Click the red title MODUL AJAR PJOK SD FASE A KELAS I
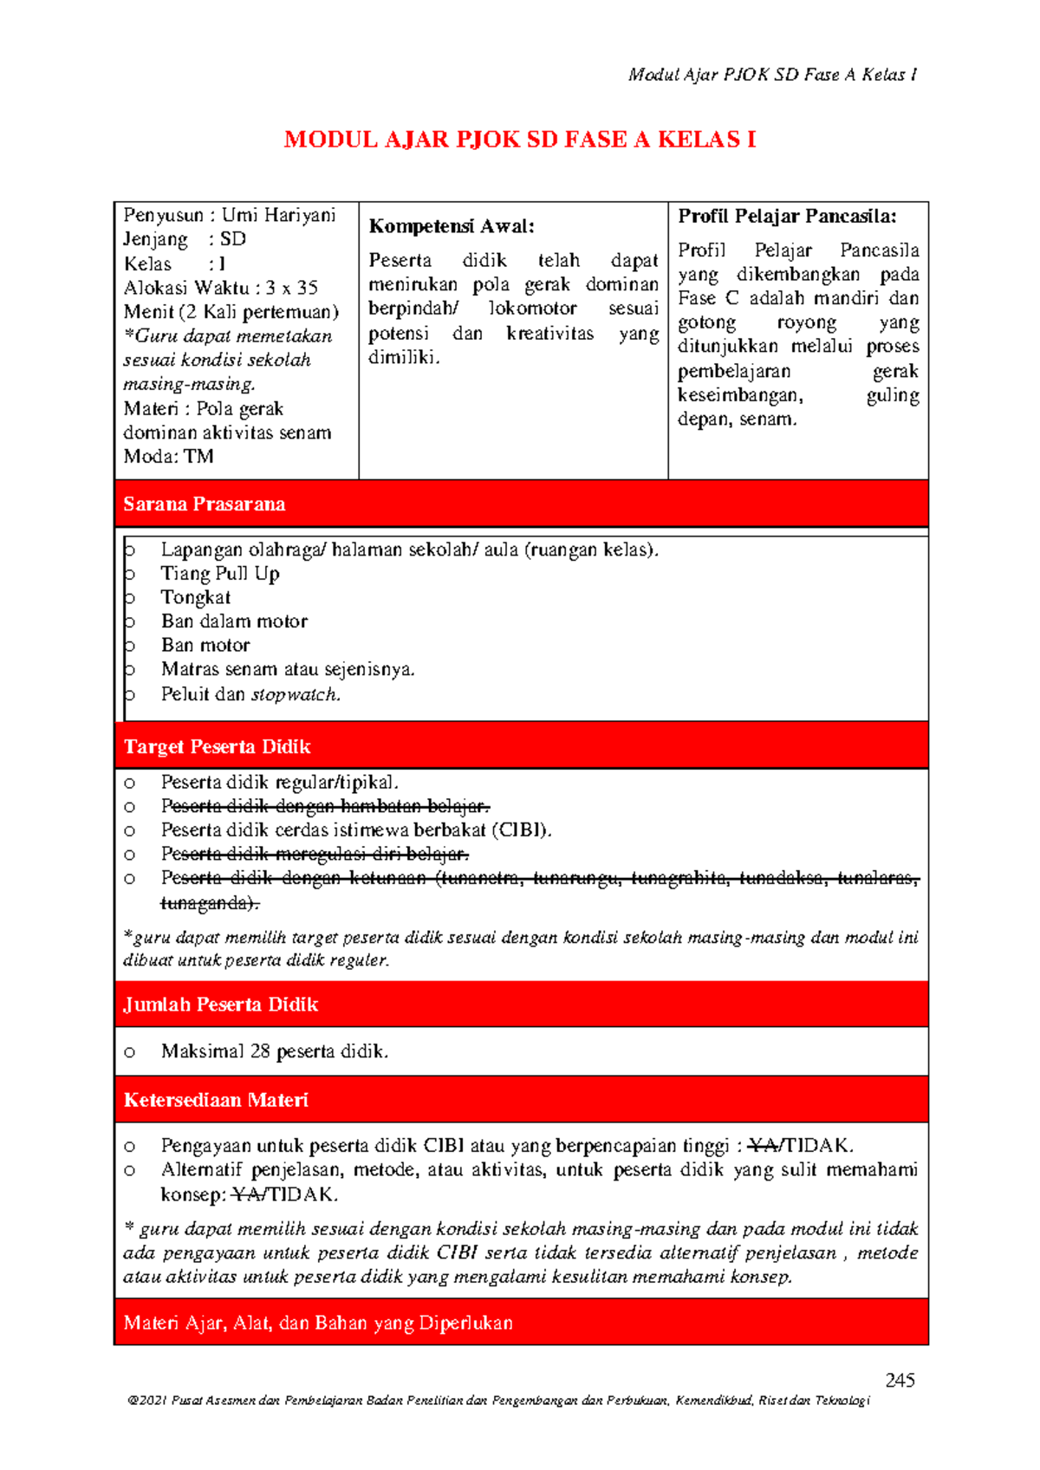[x=520, y=140]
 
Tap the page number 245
[x=900, y=1380]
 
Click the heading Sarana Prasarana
[x=204, y=504]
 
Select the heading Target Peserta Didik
[x=217, y=747]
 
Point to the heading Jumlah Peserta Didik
[x=220, y=1005]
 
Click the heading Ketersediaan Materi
[x=216, y=1100]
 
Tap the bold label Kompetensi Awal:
[x=452, y=227]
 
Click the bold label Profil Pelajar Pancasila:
[x=786, y=217]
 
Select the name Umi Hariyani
[x=278, y=215]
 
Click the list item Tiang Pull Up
[x=219, y=574]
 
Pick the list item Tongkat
[x=195, y=597]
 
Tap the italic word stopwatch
[x=295, y=694]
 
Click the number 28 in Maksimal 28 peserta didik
[x=260, y=1051]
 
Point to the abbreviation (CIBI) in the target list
[x=522, y=830]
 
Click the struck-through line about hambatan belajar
[x=325, y=807]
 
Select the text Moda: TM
[x=168, y=457]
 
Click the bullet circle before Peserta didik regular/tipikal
[x=129, y=783]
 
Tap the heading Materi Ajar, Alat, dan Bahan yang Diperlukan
[x=318, y=1323]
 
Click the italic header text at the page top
[x=772, y=75]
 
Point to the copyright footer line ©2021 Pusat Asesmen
[x=498, y=1401]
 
